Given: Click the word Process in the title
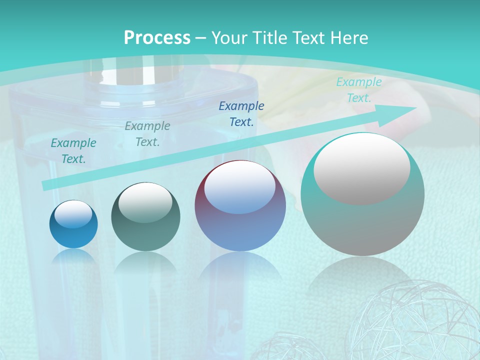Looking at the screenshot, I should (157, 38).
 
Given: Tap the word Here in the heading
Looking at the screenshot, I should (349, 38).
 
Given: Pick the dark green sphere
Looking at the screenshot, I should (145, 225).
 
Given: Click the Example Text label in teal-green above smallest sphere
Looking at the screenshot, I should (73, 151).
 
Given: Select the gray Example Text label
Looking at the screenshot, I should (147, 134).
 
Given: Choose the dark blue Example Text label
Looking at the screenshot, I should (241, 113).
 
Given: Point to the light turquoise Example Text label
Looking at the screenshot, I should (359, 90).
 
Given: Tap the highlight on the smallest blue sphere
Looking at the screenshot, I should (73, 214).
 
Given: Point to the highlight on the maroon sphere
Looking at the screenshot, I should (239, 188).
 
